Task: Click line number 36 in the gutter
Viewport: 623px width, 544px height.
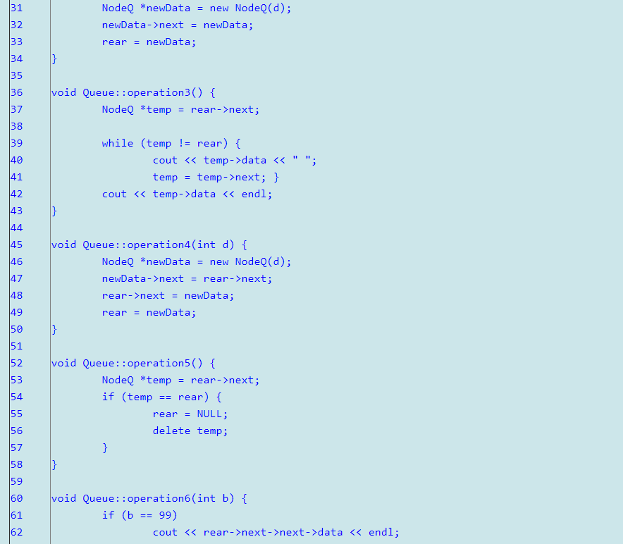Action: [x=16, y=92]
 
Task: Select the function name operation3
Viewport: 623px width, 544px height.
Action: [x=159, y=92]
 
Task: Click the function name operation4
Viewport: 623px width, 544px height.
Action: [x=159, y=245]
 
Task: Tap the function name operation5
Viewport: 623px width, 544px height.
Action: [x=159, y=363]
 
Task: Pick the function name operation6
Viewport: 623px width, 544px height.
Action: [x=159, y=498]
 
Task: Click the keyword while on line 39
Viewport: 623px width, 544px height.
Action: [x=117, y=143]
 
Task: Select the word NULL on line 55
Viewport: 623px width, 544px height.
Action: [x=209, y=414]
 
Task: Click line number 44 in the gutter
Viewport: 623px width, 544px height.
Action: [x=16, y=228]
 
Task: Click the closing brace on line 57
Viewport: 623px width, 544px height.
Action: [x=105, y=447]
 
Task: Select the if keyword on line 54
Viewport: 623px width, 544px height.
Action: [x=108, y=397]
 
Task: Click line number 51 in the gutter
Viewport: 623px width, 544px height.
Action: [x=16, y=346]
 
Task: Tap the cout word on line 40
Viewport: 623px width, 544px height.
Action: [x=165, y=160]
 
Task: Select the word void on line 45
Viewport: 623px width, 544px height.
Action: [x=63, y=245]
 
